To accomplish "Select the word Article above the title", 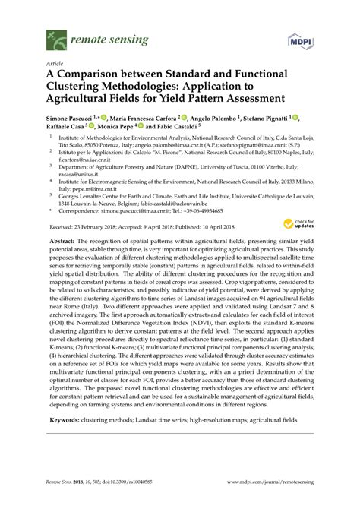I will (56, 65).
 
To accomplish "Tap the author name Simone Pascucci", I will (72, 119).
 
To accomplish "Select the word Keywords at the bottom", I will (66, 419).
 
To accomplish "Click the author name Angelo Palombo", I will (210, 119).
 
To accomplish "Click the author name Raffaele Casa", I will (68, 129).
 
